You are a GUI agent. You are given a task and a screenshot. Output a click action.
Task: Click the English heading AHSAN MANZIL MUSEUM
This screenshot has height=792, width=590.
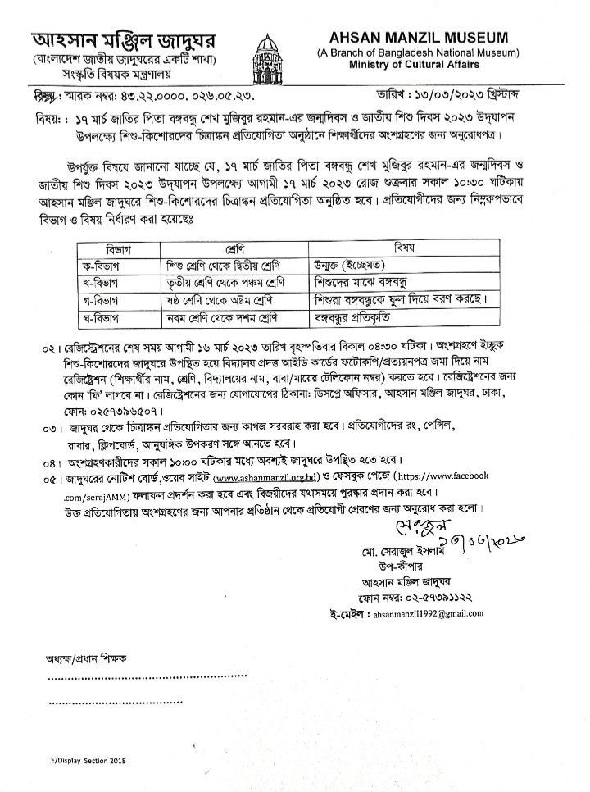point(418,38)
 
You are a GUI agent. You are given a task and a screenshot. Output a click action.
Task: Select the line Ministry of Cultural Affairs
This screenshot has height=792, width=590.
point(418,66)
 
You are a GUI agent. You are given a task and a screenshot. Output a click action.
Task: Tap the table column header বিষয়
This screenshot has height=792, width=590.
point(404,247)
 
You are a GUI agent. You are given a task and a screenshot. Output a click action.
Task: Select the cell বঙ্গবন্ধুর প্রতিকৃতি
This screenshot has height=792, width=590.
point(366,316)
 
